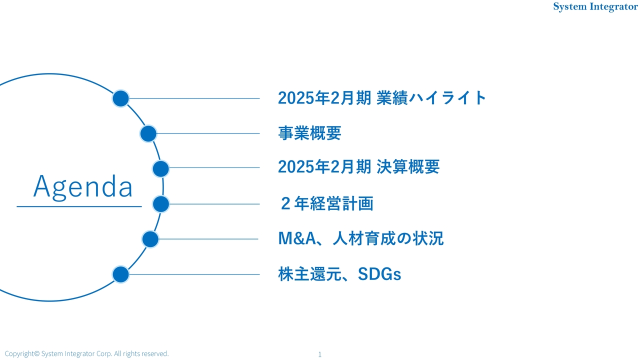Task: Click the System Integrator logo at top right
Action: tap(595, 7)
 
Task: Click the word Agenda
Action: tap(83, 187)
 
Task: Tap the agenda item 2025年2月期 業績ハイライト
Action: tap(382, 98)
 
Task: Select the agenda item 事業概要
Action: tap(309, 133)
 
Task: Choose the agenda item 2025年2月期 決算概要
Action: tap(358, 167)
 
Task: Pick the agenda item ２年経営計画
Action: tap(326, 204)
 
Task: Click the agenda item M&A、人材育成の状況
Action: tap(360, 239)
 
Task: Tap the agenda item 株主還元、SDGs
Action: tap(339, 274)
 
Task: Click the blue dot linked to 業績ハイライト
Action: tap(120, 98)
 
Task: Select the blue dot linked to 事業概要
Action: tap(148, 133)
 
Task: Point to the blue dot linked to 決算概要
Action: tap(160, 169)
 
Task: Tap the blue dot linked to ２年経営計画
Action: tap(160, 204)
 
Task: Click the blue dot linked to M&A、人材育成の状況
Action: tap(150, 239)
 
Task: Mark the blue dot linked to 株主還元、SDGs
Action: tap(120, 274)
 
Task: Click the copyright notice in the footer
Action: tap(86, 353)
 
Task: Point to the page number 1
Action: tap(319, 354)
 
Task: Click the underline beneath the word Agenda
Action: tap(79, 206)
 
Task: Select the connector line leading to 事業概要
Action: tap(207, 133)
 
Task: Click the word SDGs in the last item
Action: tap(379, 274)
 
